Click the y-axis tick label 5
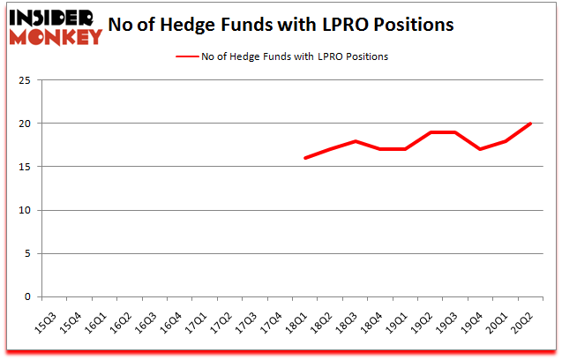[x=29, y=253]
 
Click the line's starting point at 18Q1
[x=305, y=158]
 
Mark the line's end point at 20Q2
[x=531, y=124]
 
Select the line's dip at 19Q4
[x=481, y=149]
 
